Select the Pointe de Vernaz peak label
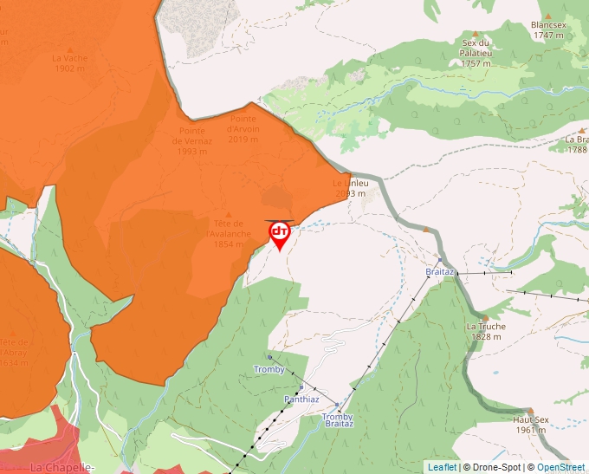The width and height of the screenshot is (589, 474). pos(191,140)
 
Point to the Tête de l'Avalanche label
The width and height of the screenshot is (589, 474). pos(229,233)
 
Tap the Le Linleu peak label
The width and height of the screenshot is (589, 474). pos(351,188)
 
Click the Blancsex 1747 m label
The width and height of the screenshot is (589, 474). pos(549,30)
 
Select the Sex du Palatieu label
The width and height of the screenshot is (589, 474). pos(476,53)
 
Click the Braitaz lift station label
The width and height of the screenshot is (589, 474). pos(440,272)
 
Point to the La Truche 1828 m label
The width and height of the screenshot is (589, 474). pos(486,331)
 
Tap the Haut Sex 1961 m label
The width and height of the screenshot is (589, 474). pos(530,424)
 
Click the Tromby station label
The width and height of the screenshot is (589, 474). pos(269,369)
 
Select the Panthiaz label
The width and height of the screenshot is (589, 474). pos(301,399)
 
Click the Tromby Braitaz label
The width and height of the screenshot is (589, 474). pos(338,419)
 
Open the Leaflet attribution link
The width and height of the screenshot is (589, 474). pos(442,467)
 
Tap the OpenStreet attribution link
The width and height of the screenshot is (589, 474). pos(560,467)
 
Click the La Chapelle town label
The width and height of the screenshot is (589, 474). pos(61,467)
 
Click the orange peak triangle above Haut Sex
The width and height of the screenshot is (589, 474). pos(530,411)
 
